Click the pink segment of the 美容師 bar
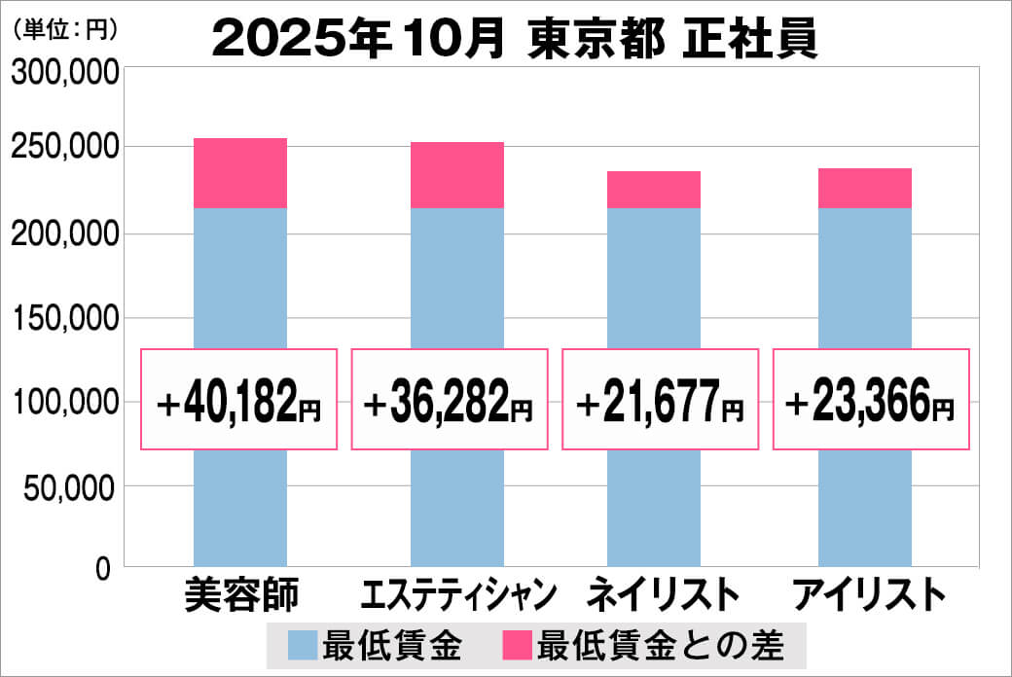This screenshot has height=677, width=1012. pos(240,173)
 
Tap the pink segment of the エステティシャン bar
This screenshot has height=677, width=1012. pos(456,175)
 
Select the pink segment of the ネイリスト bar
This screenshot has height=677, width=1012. pos(653,190)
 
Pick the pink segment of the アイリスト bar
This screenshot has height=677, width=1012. pos(864,189)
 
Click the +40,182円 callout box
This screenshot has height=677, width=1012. pos(239,400)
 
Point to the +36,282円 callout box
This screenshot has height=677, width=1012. pos(450,400)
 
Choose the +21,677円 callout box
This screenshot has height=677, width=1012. pos(661,400)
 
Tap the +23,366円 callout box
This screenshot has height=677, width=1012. pos(871,400)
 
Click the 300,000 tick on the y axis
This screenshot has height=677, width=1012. pos(64,74)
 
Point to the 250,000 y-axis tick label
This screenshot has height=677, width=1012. pos(64,148)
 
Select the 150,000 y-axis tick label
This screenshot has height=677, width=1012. pos(64,318)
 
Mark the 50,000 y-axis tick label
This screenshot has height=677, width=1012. pos(70,487)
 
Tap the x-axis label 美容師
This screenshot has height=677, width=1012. pos(241,594)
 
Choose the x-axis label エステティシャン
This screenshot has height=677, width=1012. pos(457,594)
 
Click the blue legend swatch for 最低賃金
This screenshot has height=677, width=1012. pos(303,644)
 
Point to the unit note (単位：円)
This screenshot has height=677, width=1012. pos(65,30)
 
